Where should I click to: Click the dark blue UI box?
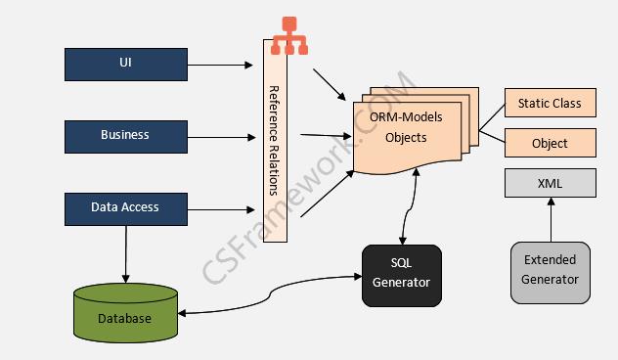125,64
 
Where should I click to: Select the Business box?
125,136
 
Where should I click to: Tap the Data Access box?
125,207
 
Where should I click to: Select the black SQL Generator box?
401,273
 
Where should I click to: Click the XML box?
550,183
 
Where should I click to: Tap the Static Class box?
550,103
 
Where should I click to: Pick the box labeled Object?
550,143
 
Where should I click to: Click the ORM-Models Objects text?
406,127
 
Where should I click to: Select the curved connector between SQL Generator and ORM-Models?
410,210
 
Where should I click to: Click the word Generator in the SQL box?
401,283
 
